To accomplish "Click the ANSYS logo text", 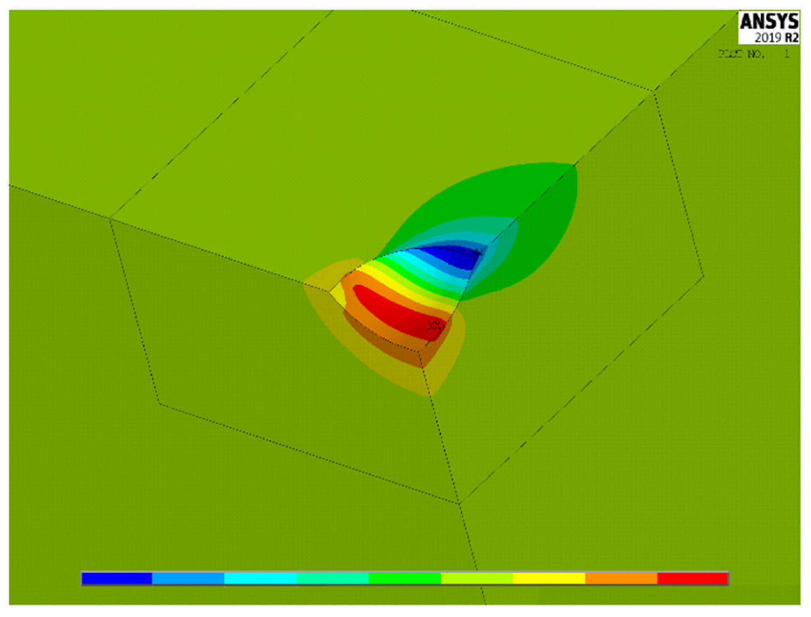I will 769,21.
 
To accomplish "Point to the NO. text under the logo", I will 755,55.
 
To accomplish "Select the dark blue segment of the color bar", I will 117,578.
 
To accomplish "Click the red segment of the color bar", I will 693,578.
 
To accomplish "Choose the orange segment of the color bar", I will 621,578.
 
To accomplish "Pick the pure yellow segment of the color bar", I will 549,578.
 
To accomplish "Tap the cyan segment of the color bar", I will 260,578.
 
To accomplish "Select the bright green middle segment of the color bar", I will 404,578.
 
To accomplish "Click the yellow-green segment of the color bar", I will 477,578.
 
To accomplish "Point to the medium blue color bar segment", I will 188,578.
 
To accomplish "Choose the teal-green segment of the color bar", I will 332,578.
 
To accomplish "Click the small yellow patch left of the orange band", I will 338,296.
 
